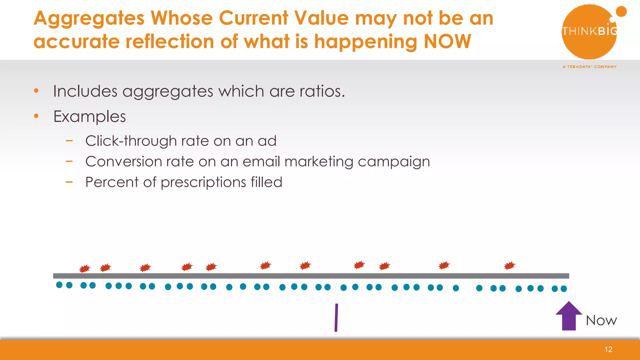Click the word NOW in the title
(447, 41)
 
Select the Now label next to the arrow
(601, 320)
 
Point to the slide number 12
(608, 349)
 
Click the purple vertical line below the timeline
(336, 317)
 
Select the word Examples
(90, 117)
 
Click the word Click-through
(124, 141)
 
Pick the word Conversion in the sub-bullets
(123, 162)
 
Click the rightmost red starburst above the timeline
(509, 266)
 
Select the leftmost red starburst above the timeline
(84, 268)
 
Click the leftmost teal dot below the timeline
(59, 285)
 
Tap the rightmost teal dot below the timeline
(564, 288)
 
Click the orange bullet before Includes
(36, 91)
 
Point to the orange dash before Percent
(69, 182)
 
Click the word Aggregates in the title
(89, 18)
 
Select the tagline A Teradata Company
(589, 67)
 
